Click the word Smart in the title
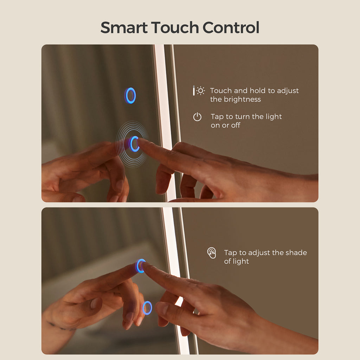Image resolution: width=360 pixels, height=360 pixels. coord(124,27)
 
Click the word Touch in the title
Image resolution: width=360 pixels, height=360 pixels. coord(175,27)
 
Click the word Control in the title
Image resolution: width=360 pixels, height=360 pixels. coord(231,27)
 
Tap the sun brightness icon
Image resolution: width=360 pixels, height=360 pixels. coord(200,91)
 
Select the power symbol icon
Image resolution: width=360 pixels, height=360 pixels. coord(197,117)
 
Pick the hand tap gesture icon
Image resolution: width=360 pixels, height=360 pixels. coord(212,253)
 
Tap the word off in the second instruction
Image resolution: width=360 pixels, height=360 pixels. coord(236,125)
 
